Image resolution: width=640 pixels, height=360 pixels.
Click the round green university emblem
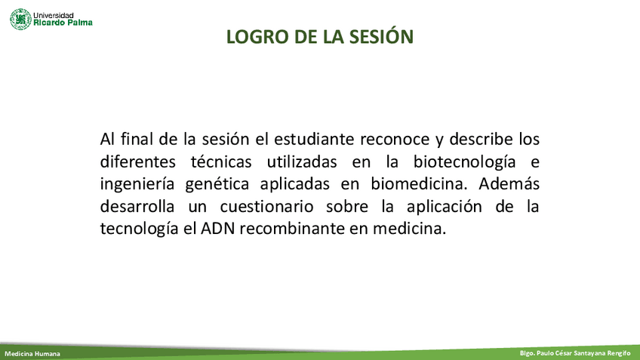coord(20,19)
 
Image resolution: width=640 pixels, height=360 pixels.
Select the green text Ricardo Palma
coord(63,23)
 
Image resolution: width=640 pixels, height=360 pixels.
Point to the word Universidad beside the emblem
coord(54,16)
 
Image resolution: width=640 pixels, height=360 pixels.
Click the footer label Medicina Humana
coord(32,354)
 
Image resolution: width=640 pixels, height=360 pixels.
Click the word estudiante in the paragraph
coord(314,139)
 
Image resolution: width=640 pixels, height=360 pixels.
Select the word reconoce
coord(395,140)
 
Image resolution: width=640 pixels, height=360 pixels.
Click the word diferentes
coord(138,162)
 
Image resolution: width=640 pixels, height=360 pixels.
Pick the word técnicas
coord(221,162)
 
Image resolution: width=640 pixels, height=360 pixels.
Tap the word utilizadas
coord(302,162)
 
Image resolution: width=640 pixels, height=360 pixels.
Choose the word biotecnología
coord(464,162)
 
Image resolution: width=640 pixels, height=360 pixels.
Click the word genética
coord(217,184)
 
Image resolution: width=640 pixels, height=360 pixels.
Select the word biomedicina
coord(419,183)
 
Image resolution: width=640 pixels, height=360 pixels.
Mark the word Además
coord(509,183)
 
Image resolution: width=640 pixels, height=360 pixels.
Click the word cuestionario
coord(266,206)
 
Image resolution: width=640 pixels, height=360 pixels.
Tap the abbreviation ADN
coord(218,229)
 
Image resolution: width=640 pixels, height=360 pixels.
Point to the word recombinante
coord(292,229)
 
